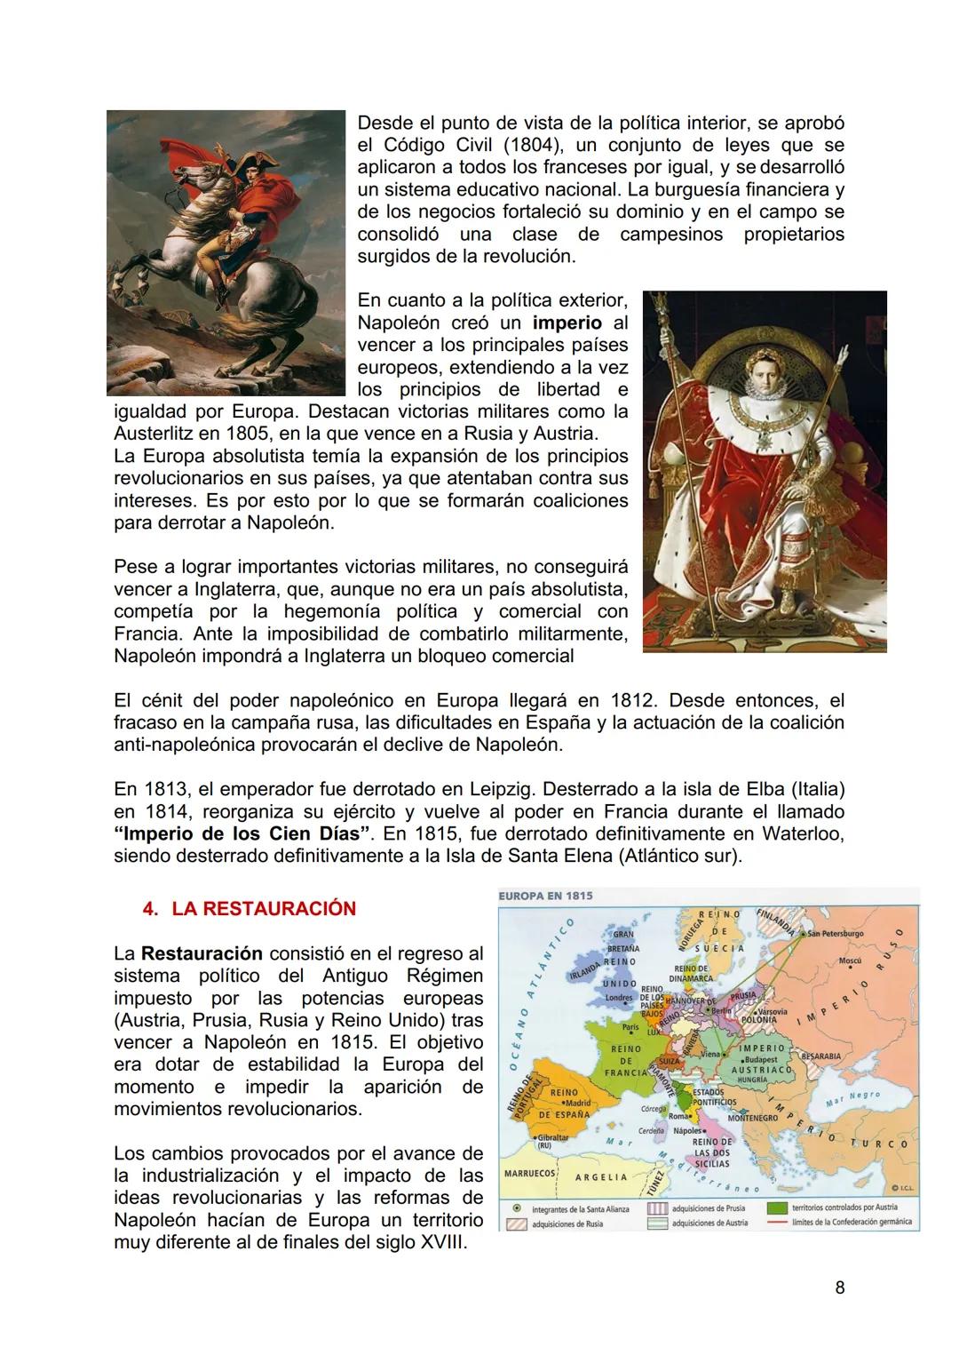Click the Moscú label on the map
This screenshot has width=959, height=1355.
tap(851, 961)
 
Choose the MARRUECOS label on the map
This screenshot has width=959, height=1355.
tap(529, 1173)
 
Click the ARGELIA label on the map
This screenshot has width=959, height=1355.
tap(600, 1177)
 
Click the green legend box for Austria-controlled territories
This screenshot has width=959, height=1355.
tap(778, 1208)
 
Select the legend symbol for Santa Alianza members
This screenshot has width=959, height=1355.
tap(515, 1209)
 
